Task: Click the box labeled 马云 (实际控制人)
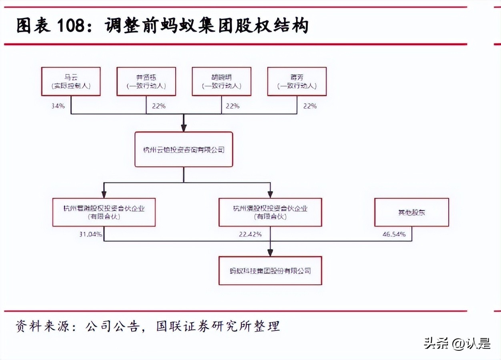pyautogui.click(x=71, y=81)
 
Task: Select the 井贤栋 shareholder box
pyautogui.click(x=146, y=81)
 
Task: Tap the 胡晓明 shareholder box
pyautogui.click(x=221, y=81)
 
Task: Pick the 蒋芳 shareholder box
pyautogui.click(x=297, y=81)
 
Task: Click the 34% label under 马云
pyautogui.click(x=58, y=106)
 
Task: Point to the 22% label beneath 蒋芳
pyautogui.click(x=310, y=106)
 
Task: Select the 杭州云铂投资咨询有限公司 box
pyautogui.click(x=184, y=150)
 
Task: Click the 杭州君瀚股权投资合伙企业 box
pyautogui.click(x=104, y=212)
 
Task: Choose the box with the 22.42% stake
pyautogui.click(x=270, y=212)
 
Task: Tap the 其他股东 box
pyautogui.click(x=411, y=212)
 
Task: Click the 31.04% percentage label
pyautogui.click(x=90, y=234)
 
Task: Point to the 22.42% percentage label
pyautogui.click(x=250, y=234)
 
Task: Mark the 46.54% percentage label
pyautogui.click(x=394, y=234)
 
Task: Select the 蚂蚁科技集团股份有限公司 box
pyautogui.click(x=270, y=271)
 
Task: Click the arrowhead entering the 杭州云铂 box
pyautogui.click(x=184, y=128)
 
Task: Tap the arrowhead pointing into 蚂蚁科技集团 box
pyautogui.click(x=270, y=252)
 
